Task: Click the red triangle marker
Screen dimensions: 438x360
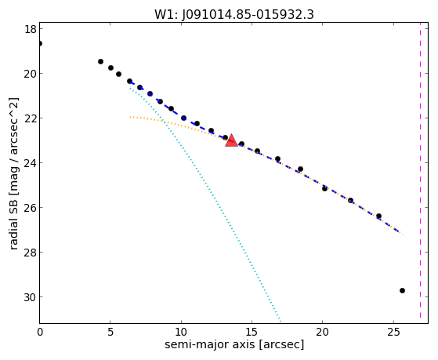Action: coord(232,140)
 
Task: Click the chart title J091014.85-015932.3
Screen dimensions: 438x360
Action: coord(248,15)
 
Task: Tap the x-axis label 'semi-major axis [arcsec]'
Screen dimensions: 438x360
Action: coord(234,344)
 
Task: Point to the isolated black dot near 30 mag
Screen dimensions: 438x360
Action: coord(402,291)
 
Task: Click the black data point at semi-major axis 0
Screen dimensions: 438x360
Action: coord(40,43)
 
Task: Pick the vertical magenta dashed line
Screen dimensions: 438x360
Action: coord(420,173)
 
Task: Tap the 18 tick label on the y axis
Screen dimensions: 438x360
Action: coord(31,29)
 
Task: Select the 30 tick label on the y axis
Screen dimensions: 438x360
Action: coord(31,297)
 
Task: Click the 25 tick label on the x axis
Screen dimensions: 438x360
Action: coord(393,332)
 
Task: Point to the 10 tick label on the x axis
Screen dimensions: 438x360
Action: coord(181,332)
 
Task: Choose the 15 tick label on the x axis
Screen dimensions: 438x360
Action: coord(252,332)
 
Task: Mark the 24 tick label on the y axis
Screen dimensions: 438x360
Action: coord(31,163)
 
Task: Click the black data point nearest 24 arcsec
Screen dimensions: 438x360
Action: coord(378,216)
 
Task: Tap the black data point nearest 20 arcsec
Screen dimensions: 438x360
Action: coord(324,188)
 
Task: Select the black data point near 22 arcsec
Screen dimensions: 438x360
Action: coord(350,200)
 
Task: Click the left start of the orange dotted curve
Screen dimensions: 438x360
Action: coord(130,117)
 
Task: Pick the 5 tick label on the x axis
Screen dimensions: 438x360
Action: coord(110,332)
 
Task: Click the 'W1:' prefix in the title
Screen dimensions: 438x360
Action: coord(166,15)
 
